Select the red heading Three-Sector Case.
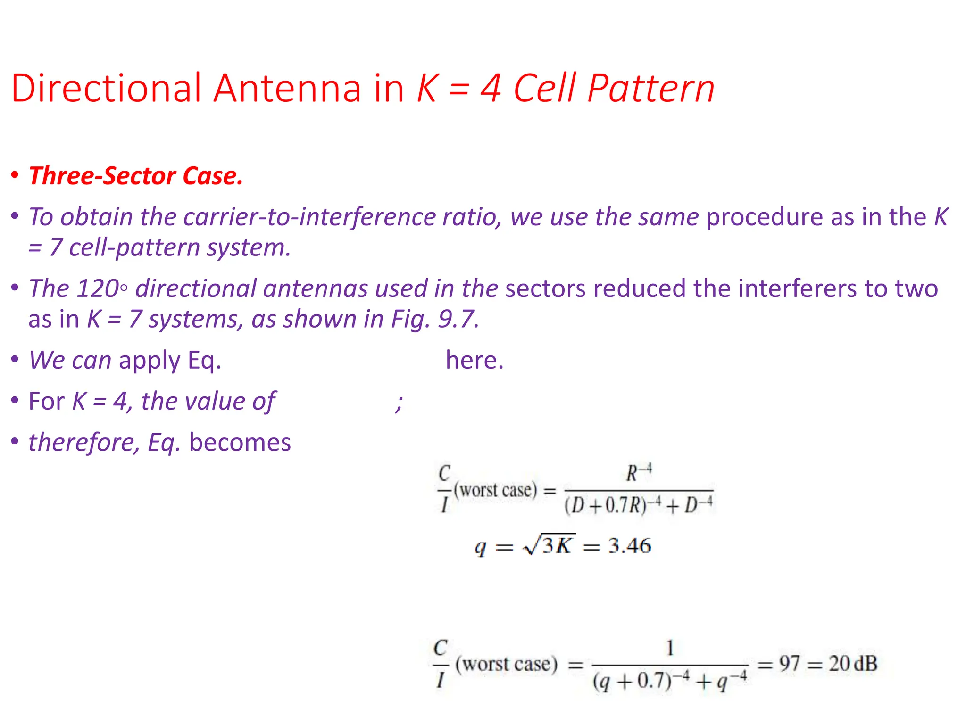point(136,176)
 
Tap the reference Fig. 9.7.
point(435,319)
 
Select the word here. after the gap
point(475,361)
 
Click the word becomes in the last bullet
point(240,443)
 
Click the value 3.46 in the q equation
point(629,546)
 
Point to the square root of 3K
point(549,545)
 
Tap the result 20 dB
point(853,664)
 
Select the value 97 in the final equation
point(789,664)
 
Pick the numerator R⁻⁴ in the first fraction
point(639,473)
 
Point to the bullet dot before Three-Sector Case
point(15,175)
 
